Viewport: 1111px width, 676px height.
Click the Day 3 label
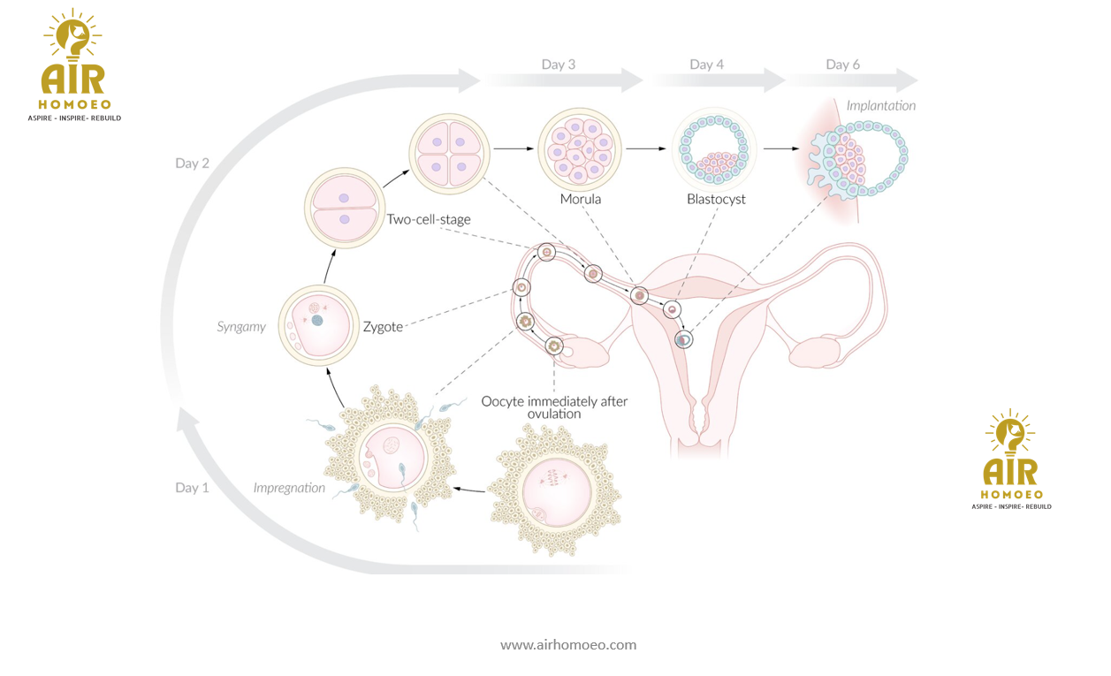559,65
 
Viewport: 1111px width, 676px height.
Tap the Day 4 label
706,65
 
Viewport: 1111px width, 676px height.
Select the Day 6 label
842,65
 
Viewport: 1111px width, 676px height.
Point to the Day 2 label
192,163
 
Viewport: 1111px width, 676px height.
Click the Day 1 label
192,487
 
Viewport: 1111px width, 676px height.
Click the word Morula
580,199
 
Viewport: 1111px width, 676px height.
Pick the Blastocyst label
716,199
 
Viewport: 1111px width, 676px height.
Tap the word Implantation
880,106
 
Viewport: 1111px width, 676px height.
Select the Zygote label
383,327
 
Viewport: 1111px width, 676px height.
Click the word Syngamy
241,327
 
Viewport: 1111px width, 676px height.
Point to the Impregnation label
289,488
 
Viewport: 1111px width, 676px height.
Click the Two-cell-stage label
429,219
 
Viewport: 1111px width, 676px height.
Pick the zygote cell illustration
317,327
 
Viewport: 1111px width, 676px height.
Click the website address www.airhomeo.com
568,645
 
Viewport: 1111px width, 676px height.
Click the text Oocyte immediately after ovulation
554,407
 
